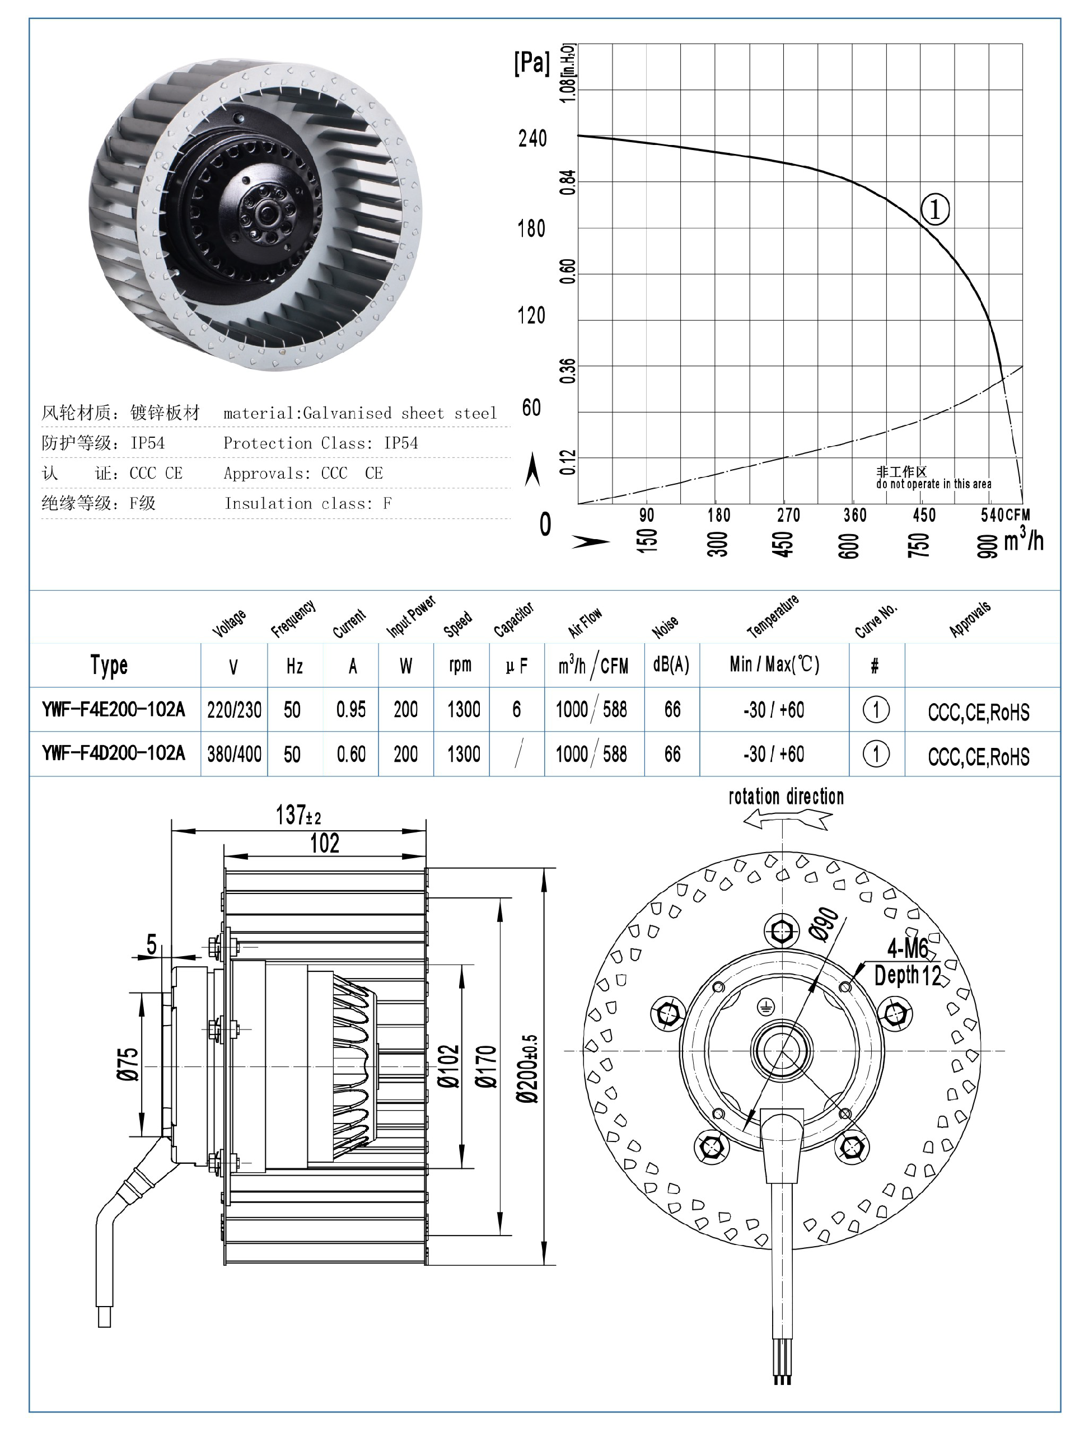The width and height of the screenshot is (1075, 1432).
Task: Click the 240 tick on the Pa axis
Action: tap(532, 138)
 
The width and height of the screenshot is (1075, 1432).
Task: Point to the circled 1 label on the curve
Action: tap(934, 209)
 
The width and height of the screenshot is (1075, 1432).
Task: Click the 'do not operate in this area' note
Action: tap(933, 484)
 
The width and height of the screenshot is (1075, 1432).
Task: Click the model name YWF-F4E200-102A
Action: tap(113, 709)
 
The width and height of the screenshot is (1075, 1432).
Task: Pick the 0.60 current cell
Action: tap(350, 754)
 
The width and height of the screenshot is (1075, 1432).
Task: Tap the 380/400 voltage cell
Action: tap(234, 754)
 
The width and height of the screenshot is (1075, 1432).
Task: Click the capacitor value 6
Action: tap(516, 709)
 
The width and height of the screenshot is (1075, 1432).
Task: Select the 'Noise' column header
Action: tap(665, 626)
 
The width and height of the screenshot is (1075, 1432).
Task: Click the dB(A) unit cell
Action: tap(671, 665)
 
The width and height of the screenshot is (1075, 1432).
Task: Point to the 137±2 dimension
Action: tap(298, 815)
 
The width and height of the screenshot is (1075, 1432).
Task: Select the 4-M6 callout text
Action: tap(907, 949)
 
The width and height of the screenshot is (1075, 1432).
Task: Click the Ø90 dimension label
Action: tap(824, 924)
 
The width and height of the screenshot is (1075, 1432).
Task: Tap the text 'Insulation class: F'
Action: tap(307, 504)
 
